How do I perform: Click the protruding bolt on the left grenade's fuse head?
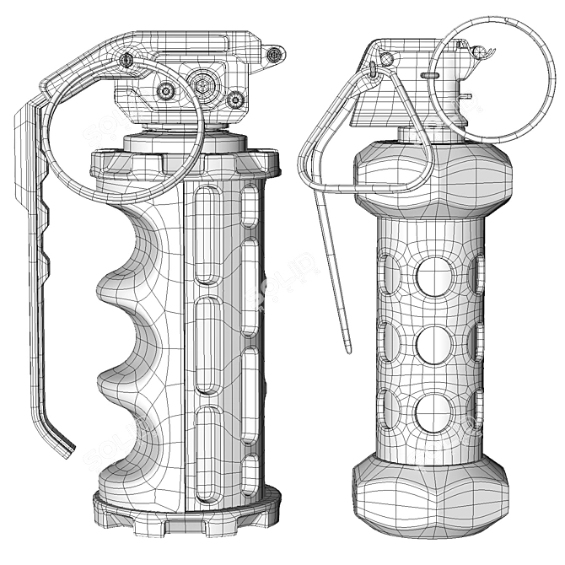(x=274, y=56)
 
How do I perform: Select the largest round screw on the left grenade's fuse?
(x=202, y=83)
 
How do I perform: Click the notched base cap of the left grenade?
(x=186, y=509)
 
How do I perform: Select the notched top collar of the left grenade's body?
(x=186, y=161)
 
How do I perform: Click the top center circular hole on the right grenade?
(x=434, y=277)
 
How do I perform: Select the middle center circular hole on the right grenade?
(x=434, y=345)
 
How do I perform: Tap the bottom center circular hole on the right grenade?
(x=434, y=412)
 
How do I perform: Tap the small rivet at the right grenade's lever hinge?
(x=387, y=59)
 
